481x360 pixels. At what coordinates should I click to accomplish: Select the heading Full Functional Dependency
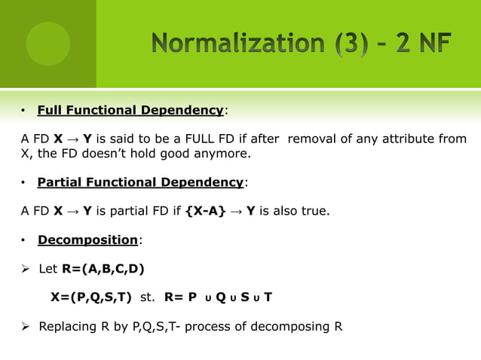click(130, 111)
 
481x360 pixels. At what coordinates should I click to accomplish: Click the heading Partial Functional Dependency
click(140, 182)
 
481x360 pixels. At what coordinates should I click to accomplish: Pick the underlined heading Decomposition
click(88, 240)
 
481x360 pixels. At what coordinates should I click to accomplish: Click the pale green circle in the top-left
click(48, 44)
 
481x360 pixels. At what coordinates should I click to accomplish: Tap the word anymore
click(221, 154)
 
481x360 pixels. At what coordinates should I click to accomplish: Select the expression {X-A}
click(205, 211)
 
